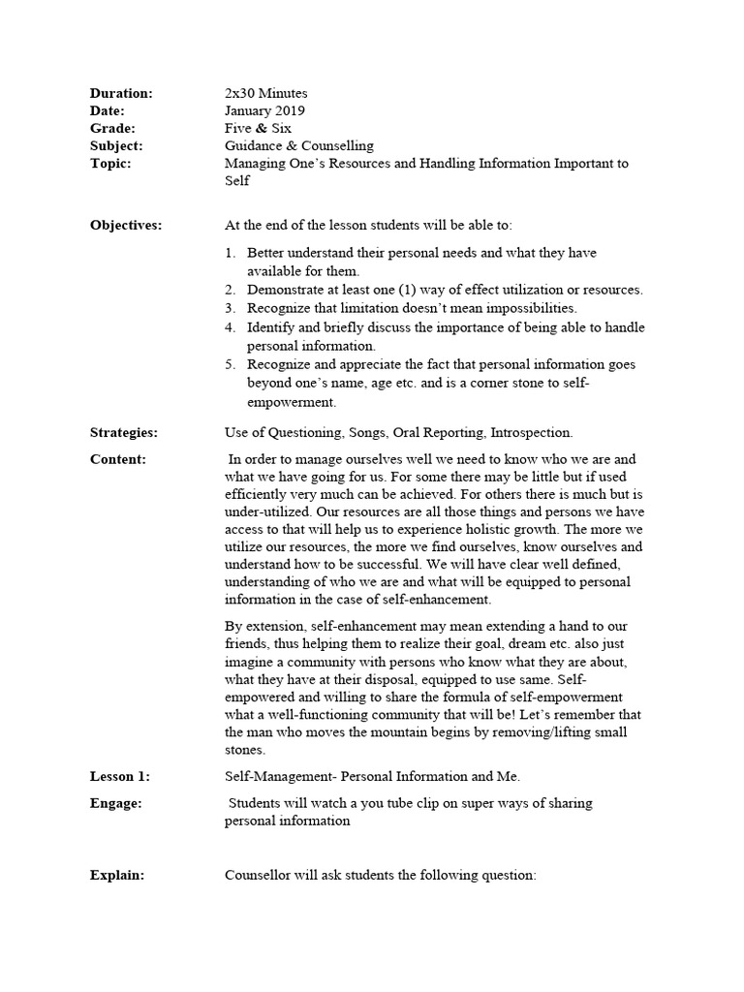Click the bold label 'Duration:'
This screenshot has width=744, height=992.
pyautogui.click(x=121, y=93)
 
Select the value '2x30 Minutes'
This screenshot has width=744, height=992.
pyautogui.click(x=265, y=93)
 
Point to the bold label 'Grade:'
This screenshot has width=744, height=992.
pyautogui.click(x=112, y=128)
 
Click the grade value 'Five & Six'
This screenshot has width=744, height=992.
pyautogui.click(x=258, y=128)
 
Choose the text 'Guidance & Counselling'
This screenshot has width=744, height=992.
pyautogui.click(x=298, y=145)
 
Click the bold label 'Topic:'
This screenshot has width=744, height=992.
pyautogui.click(x=110, y=163)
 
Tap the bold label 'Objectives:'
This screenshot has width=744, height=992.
pyautogui.click(x=126, y=225)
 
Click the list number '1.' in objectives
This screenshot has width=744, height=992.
pyautogui.click(x=231, y=253)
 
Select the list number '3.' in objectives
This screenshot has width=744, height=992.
pyautogui.click(x=231, y=308)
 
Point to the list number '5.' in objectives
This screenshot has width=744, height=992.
pyautogui.click(x=231, y=364)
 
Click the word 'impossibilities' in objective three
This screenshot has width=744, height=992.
pyautogui.click(x=528, y=308)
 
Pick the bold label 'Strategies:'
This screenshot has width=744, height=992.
pyautogui.click(x=124, y=432)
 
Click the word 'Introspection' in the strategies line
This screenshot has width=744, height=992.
pyautogui.click(x=531, y=432)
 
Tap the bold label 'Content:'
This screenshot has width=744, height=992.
pyautogui.click(x=118, y=459)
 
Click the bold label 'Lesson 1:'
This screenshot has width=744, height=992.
pyautogui.click(x=120, y=776)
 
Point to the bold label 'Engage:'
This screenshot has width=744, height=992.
pyautogui.click(x=115, y=803)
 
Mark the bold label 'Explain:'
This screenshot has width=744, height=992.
pyautogui.click(x=117, y=875)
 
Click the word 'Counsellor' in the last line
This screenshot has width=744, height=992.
pyautogui.click(x=260, y=875)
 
